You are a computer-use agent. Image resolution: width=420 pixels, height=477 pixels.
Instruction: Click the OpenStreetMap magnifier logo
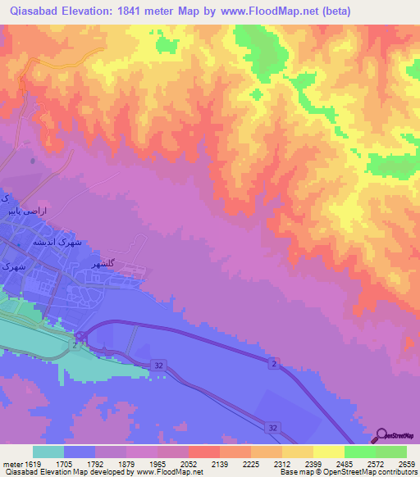coord(382,436)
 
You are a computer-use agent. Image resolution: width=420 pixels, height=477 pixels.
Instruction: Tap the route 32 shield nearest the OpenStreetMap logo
coord(272,427)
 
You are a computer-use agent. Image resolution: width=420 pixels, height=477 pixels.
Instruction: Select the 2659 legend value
coord(407,463)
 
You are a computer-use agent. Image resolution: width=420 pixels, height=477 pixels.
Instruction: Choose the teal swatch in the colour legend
coord(48,452)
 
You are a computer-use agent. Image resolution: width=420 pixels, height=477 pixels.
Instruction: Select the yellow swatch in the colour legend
coord(328,452)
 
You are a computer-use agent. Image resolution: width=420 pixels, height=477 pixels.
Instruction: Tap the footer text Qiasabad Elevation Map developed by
coord(66,473)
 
